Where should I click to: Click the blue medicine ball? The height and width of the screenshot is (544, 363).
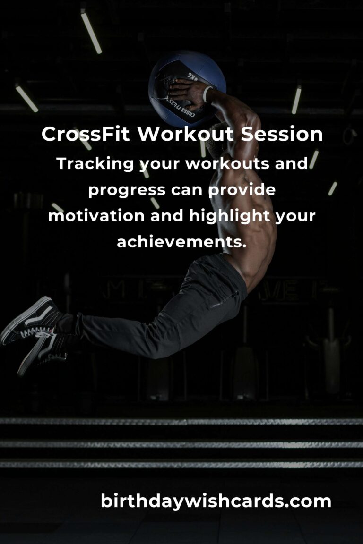pyautogui.click(x=187, y=89)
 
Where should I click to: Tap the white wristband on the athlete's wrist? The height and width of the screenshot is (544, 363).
pyautogui.click(x=207, y=94)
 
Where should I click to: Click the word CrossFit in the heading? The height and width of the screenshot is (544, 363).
pyautogui.click(x=86, y=134)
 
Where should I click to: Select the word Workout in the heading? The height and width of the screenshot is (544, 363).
pyautogui.click(x=185, y=134)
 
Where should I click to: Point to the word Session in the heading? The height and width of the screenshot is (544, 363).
pyautogui.click(x=282, y=134)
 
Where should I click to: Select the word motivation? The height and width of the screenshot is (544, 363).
pyautogui.click(x=96, y=216)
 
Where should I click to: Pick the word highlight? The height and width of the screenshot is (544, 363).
pyautogui.click(x=230, y=216)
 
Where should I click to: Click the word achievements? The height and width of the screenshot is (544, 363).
pyautogui.click(x=181, y=242)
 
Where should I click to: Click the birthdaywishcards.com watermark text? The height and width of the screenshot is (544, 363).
pyautogui.click(x=216, y=501)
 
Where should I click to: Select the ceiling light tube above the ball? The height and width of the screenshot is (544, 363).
pyautogui.click(x=91, y=32)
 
